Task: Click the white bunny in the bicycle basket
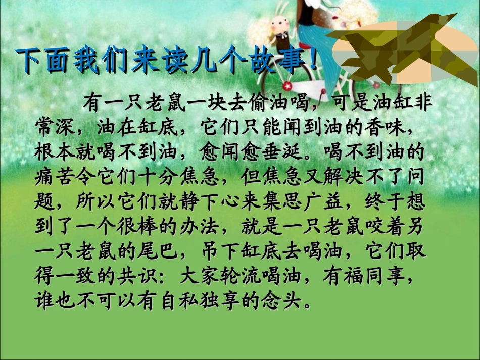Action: pyautogui.click(x=278, y=25)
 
